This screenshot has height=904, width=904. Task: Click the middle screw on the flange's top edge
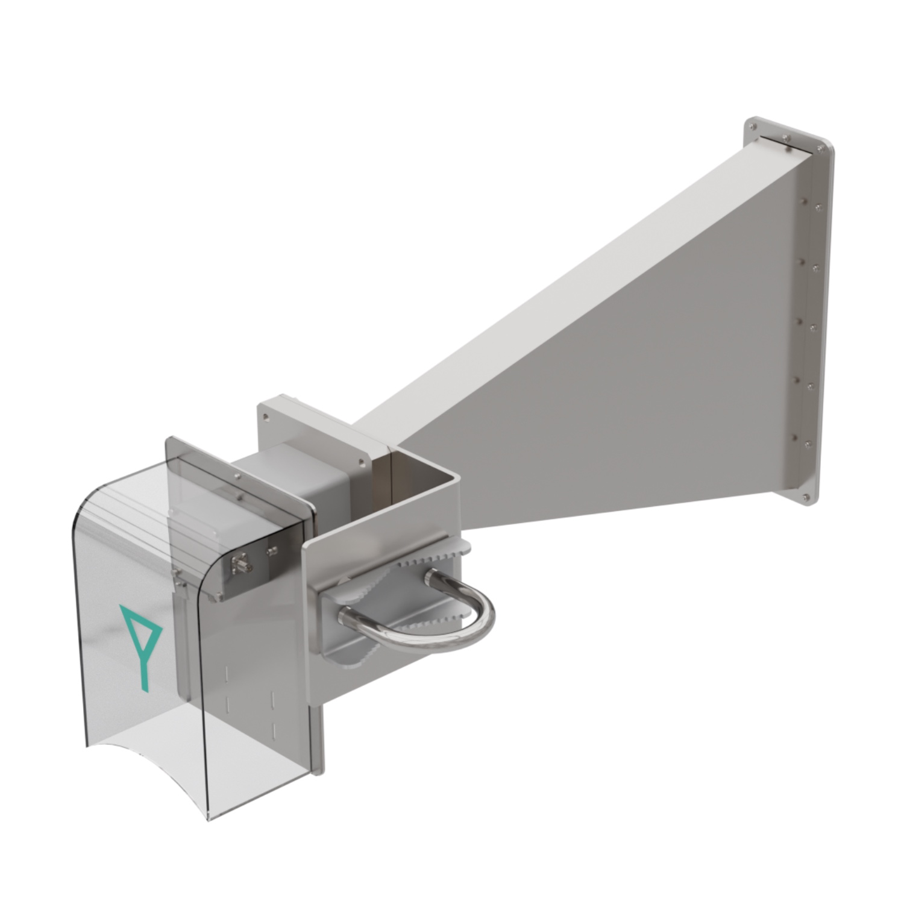point(787,138)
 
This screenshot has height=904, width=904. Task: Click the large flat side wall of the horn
point(633,362)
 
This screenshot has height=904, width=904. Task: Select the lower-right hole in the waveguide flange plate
point(360,460)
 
